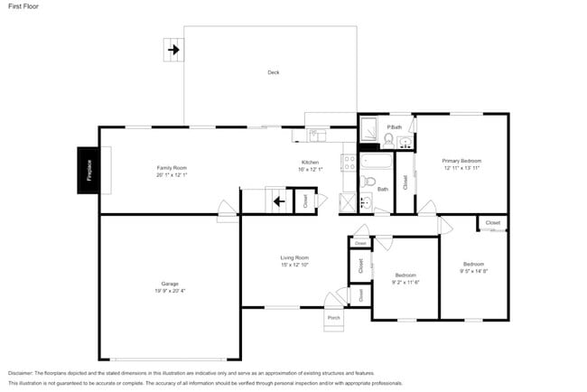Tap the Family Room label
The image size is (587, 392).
click(171, 168)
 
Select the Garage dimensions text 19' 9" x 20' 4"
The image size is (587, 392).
click(170, 291)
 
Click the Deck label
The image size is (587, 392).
click(273, 72)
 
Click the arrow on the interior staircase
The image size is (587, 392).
click(280, 201)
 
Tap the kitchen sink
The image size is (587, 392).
click(317, 136)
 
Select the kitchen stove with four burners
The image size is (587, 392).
click(348, 163)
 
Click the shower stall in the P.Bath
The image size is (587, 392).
click(369, 133)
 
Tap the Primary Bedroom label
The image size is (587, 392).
click(461, 161)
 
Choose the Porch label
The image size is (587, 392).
click(333, 318)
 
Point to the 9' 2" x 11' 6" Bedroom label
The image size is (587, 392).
click(405, 278)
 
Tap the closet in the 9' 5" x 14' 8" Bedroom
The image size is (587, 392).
click(492, 222)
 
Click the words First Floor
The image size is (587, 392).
click(23, 6)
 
